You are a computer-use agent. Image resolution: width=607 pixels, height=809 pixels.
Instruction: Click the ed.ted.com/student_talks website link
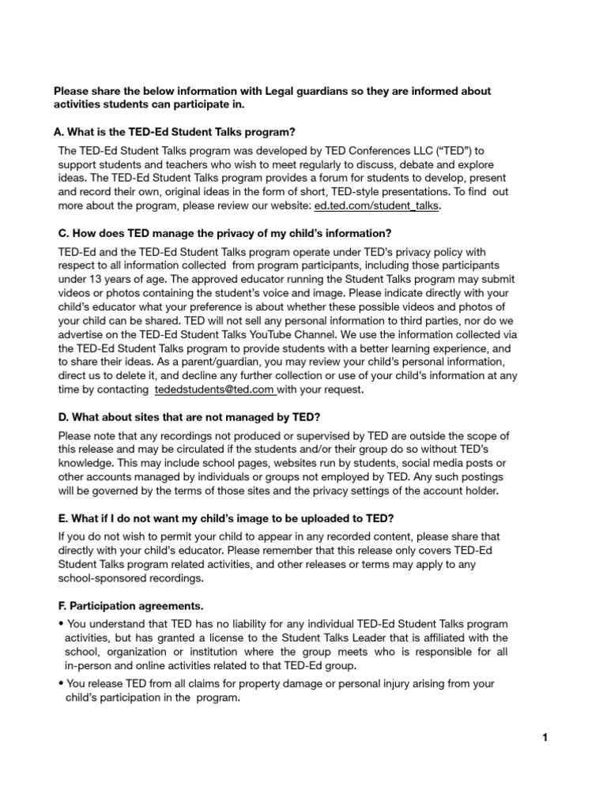tap(377, 206)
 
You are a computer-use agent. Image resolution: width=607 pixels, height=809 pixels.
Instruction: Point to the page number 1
tap(545, 738)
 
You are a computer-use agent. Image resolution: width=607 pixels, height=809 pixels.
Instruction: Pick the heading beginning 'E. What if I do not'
tap(214, 517)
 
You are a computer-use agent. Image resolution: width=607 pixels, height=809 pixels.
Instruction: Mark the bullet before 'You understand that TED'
tap(61, 624)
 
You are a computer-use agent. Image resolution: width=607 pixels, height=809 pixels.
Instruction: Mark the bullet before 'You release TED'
tap(61, 683)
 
